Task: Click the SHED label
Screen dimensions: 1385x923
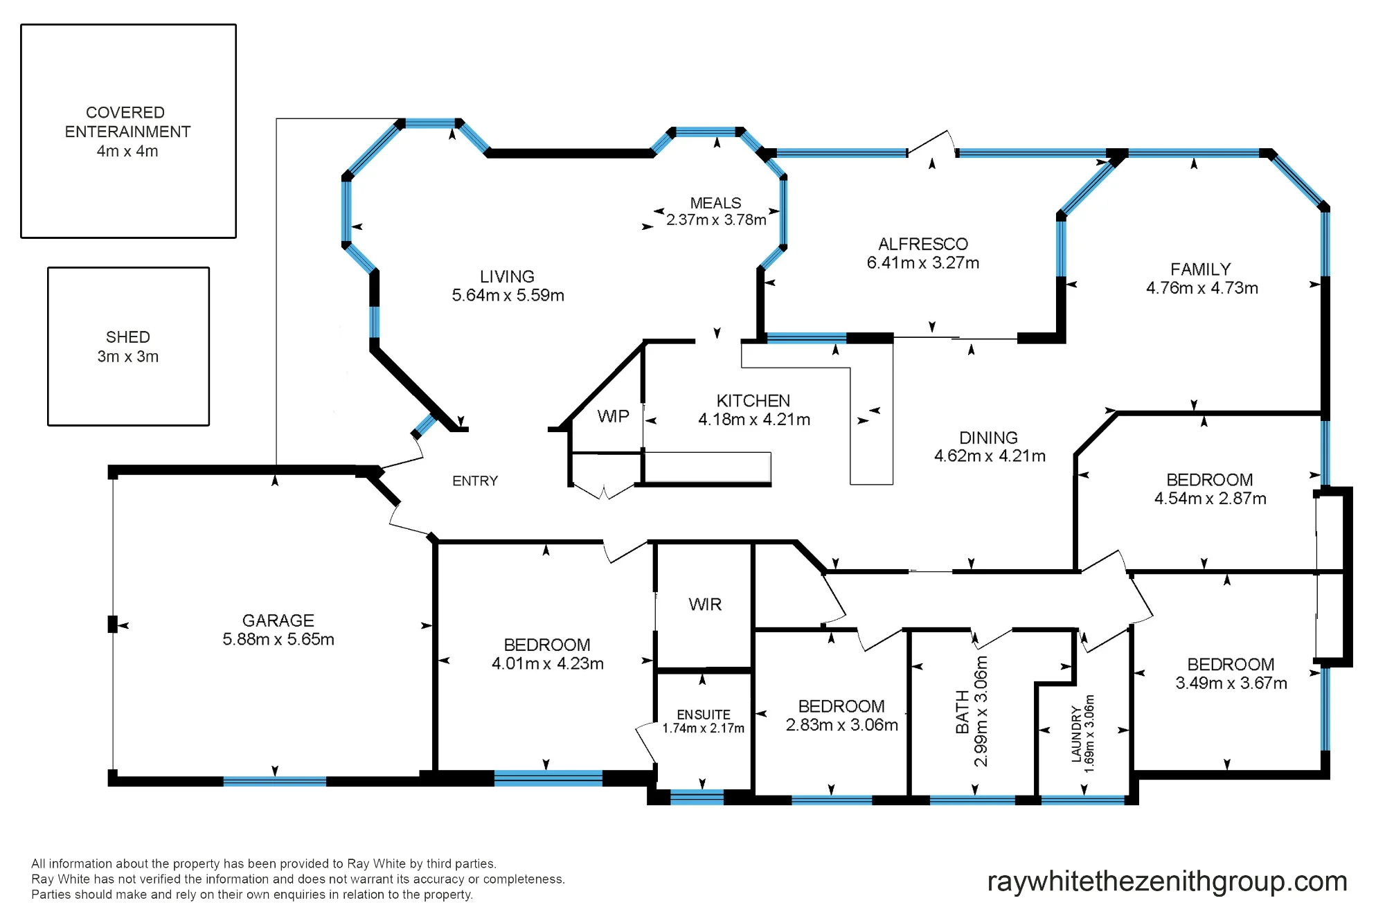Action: click(x=128, y=337)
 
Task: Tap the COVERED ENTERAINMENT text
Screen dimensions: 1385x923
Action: click(x=127, y=122)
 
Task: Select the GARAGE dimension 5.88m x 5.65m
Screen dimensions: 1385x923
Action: click(x=278, y=639)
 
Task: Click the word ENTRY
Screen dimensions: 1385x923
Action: click(x=475, y=481)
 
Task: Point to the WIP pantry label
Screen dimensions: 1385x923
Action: click(x=614, y=416)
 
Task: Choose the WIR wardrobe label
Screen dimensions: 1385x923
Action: click(x=705, y=604)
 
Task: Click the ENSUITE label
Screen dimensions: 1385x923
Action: click(x=704, y=715)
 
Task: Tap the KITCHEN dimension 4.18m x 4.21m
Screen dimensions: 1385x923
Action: click(x=754, y=420)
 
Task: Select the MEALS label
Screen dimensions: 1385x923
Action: click(x=715, y=203)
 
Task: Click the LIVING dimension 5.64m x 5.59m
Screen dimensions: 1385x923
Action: click(x=508, y=296)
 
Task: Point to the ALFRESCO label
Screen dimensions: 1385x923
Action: click(x=923, y=244)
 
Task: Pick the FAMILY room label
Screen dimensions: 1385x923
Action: click(x=1201, y=269)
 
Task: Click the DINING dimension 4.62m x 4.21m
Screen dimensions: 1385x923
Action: click(x=990, y=456)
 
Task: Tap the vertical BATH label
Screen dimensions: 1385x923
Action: click(x=963, y=712)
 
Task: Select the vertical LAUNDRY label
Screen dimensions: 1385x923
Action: click(x=1076, y=734)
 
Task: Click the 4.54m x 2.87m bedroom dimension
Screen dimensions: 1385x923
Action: click(x=1210, y=499)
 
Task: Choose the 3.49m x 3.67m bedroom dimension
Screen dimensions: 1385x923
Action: click(x=1231, y=683)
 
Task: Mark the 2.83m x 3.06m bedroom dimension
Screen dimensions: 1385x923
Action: click(x=842, y=725)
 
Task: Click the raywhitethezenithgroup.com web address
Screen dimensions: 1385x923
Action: click(x=1167, y=881)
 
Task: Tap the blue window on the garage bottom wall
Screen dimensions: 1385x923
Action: click(x=275, y=781)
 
